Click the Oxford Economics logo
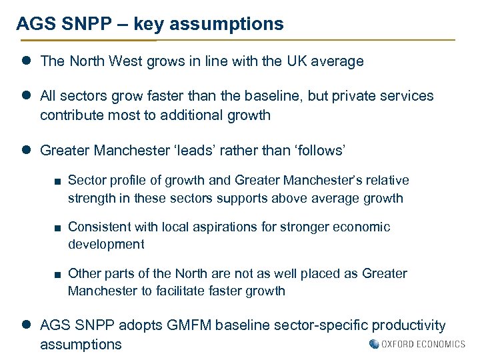(x=417, y=344)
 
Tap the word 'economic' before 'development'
(x=363, y=227)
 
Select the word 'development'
(x=106, y=244)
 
